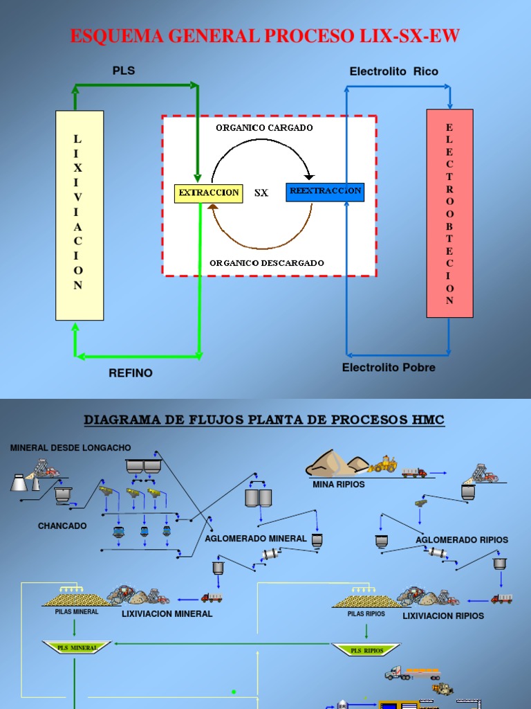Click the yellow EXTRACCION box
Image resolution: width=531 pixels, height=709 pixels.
[208, 192]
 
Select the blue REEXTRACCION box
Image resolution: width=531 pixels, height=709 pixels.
[325, 192]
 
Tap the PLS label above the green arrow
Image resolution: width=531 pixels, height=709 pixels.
[124, 71]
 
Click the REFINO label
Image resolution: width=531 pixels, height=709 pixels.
[131, 373]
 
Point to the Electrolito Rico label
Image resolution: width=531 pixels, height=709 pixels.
[393, 71]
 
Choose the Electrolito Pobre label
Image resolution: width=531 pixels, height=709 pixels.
[389, 368]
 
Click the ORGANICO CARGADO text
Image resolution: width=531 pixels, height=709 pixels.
[264, 127]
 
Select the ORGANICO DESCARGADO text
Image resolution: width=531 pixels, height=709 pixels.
[267, 262]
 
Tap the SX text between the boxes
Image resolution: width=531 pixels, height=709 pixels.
[261, 193]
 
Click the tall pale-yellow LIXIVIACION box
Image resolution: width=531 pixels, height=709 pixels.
[80, 215]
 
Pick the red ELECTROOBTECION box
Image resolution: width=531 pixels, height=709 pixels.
[449, 213]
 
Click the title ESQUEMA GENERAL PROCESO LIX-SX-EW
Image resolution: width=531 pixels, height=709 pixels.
[265, 37]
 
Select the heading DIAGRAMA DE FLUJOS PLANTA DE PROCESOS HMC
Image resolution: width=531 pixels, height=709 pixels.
[264, 420]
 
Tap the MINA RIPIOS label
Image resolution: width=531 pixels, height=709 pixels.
[339, 484]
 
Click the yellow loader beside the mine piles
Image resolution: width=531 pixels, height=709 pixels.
[382, 465]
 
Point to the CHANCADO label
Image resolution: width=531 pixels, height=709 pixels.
[62, 526]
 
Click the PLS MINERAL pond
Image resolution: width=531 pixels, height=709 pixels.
[77, 647]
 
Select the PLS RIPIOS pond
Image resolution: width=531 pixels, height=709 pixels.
[366, 649]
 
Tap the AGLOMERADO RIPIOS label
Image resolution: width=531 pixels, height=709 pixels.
[462, 539]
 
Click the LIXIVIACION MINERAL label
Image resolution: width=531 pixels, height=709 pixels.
[167, 613]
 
